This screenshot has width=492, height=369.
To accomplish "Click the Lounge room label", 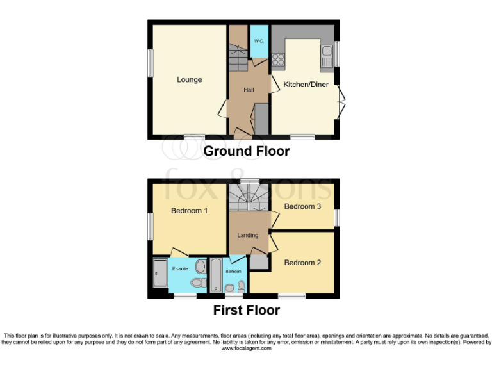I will pyautogui.click(x=190, y=80).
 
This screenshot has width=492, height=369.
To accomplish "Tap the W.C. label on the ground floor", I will pyautogui.click(x=259, y=42).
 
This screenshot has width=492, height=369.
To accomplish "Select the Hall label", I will pyautogui.click(x=249, y=90).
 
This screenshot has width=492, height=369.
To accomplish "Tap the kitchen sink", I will pyautogui.click(x=326, y=55).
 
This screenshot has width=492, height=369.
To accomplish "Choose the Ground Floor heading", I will pyautogui.click(x=246, y=152).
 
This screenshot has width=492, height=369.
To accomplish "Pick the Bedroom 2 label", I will pyautogui.click(x=303, y=263).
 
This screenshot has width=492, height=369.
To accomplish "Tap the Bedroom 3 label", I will pyautogui.click(x=303, y=206).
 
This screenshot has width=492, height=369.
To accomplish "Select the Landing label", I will pyautogui.click(x=248, y=235).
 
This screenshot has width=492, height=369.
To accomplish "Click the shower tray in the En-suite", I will pyautogui.click(x=160, y=274).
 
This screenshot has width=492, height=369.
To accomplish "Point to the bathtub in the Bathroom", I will pyautogui.click(x=216, y=275).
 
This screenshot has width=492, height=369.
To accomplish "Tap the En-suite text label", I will pyautogui.click(x=180, y=269).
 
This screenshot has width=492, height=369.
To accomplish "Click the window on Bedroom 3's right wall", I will pyautogui.click(x=338, y=217).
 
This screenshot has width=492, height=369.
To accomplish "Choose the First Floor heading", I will pyautogui.click(x=247, y=311).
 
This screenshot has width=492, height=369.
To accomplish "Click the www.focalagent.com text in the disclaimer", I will pyautogui.click(x=246, y=348).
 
